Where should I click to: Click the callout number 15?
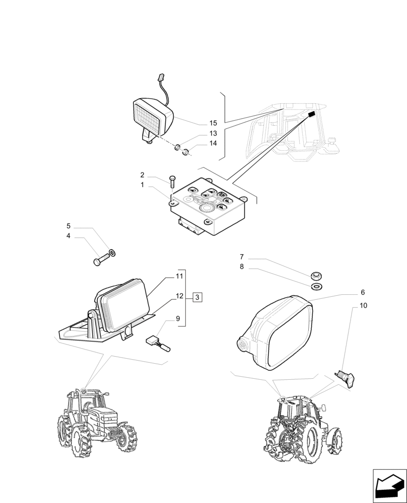(213, 123)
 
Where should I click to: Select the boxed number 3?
(197, 298)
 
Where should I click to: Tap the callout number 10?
(363, 305)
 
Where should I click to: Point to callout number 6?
(363, 292)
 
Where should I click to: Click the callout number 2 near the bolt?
(143, 175)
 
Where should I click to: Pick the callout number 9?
(178, 318)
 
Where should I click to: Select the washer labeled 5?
(112, 251)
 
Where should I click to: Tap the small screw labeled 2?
(173, 181)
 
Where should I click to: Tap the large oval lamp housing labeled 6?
(274, 334)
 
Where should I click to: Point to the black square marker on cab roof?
(311, 114)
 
